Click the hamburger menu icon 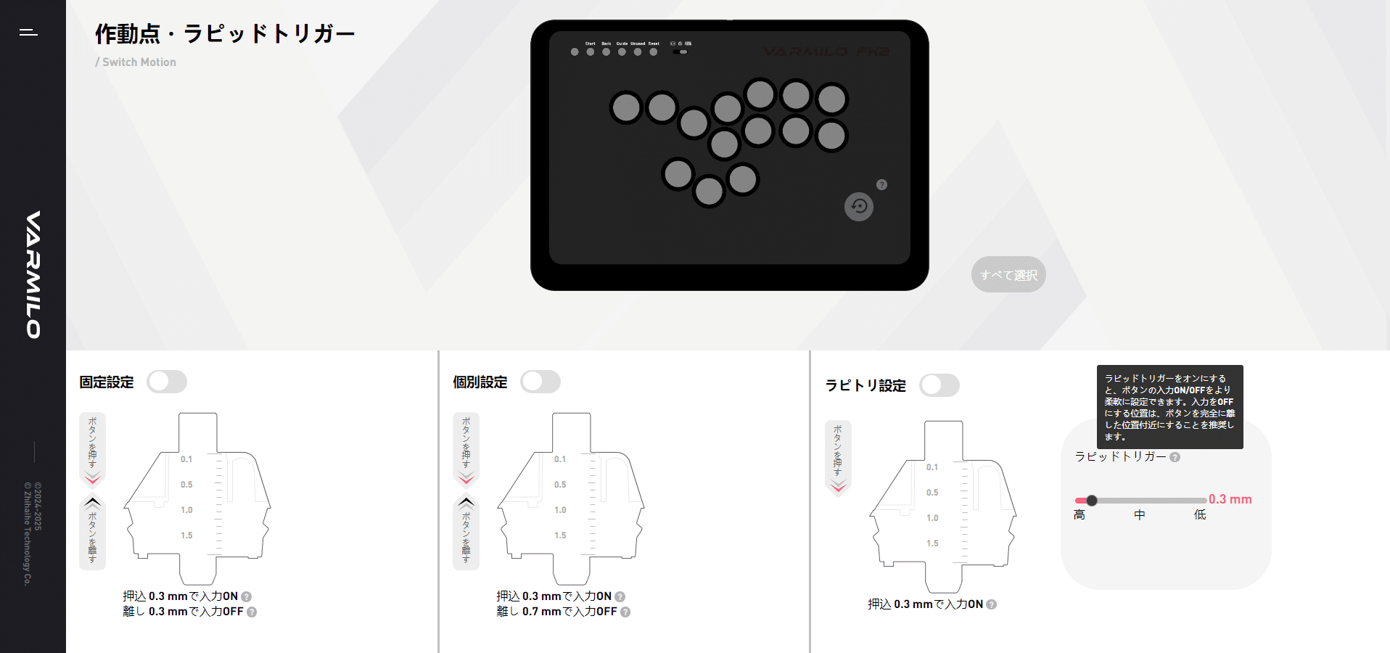pos(28,32)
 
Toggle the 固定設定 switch pos(167,382)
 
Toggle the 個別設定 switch pos(540,382)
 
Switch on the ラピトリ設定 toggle pos(939,385)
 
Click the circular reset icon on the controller pos(859,207)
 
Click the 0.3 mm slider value pos(1230,499)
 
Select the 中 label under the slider pos(1140,514)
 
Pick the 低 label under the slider pos(1200,514)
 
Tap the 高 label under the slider pos(1079,514)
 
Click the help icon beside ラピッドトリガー pos(1175,457)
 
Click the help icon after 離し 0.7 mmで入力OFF pos(625,612)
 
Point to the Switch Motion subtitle pos(139,62)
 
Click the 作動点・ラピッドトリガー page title pos(225,33)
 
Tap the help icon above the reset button pos(881,185)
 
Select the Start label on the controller pos(591,44)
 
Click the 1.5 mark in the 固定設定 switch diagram pos(186,535)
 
